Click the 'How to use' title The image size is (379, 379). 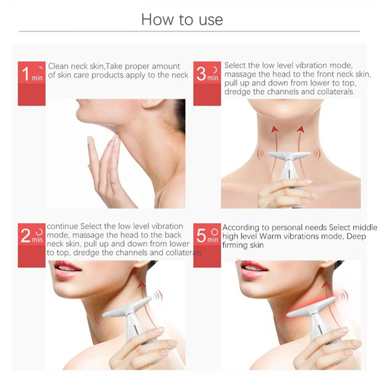(x=182, y=19)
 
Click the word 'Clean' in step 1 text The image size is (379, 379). (x=58, y=66)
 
